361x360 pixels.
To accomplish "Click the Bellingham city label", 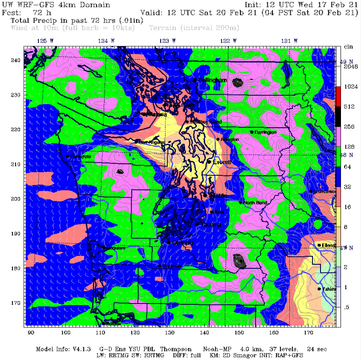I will [213, 80].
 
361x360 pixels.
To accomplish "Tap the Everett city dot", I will [209, 162].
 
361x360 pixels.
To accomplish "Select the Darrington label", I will [266, 132].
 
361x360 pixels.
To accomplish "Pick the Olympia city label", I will [183, 243].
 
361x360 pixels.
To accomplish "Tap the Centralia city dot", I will [160, 266].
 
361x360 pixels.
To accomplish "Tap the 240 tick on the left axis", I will [16, 60].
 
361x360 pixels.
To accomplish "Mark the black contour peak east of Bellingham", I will [239, 82].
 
